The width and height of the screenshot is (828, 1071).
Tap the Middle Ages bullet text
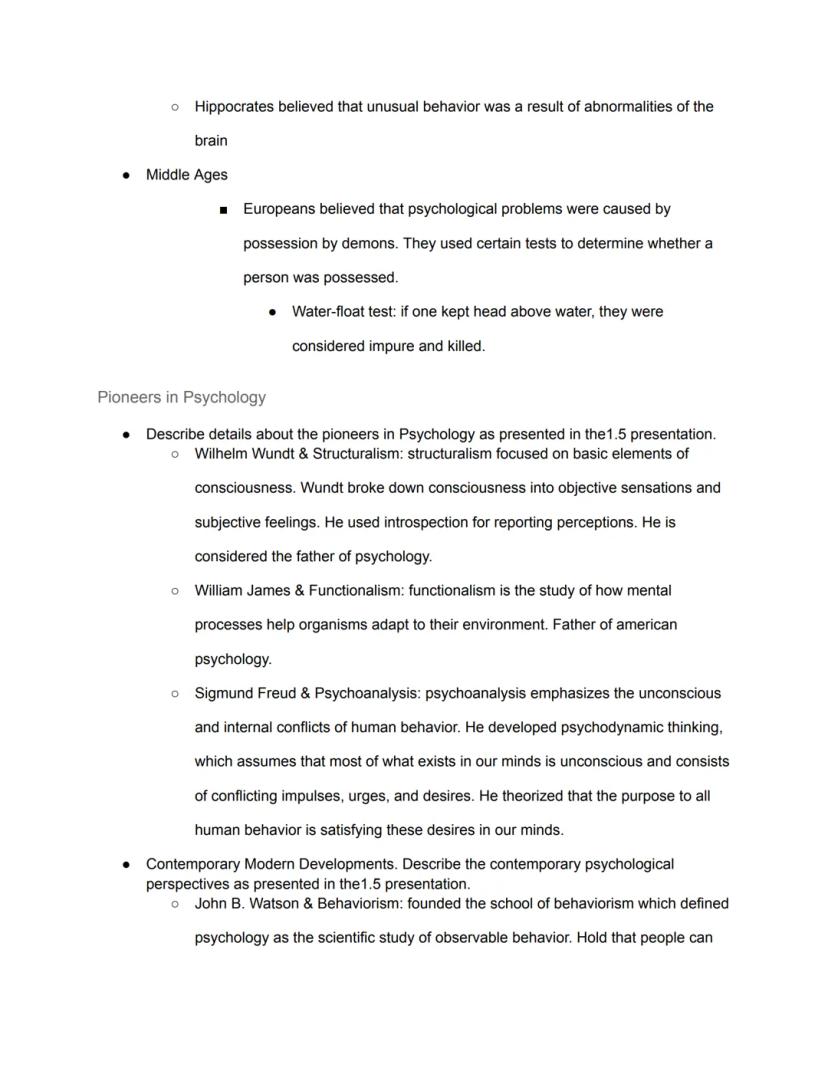pyautogui.click(x=187, y=175)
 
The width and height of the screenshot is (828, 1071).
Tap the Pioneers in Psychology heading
pyautogui.click(x=181, y=397)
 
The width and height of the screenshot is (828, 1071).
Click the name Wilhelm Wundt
pyautogui.click(x=241, y=454)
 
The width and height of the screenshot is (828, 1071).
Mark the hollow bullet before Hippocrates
pyautogui.click(x=174, y=107)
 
